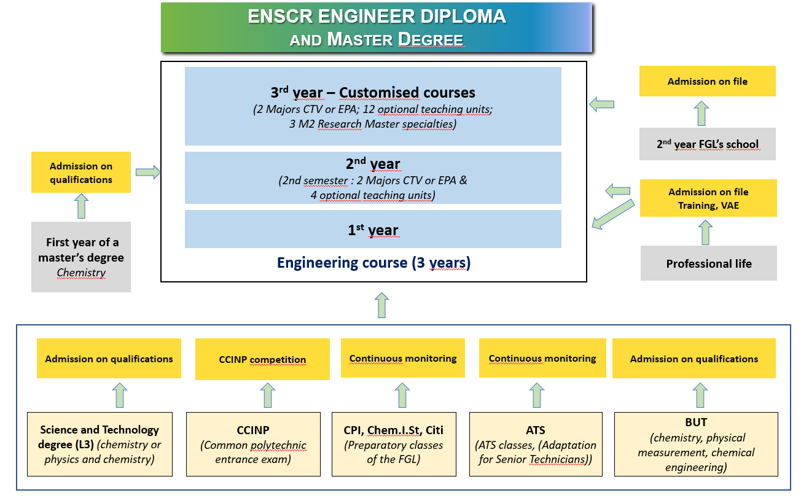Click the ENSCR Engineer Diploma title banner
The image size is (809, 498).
click(x=377, y=28)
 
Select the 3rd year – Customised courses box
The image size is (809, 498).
click(x=373, y=106)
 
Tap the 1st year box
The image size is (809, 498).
click(x=373, y=229)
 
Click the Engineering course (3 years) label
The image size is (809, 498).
click(x=373, y=263)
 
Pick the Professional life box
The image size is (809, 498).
click(x=708, y=263)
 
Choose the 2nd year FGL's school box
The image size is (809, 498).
click(x=707, y=144)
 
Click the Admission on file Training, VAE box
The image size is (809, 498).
click(x=708, y=198)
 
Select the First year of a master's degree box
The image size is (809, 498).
click(x=81, y=257)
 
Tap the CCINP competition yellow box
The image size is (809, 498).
click(x=262, y=360)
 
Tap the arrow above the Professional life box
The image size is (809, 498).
click(x=705, y=232)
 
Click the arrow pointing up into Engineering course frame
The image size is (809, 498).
click(x=381, y=305)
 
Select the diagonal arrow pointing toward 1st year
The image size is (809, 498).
click(x=612, y=213)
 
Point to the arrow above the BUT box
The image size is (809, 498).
click(x=700, y=395)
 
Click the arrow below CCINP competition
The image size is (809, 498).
click(x=268, y=395)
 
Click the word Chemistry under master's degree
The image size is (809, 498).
click(x=81, y=273)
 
